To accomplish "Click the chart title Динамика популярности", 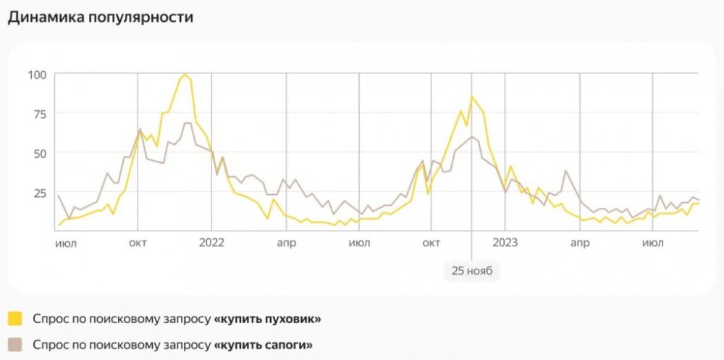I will pos(101,17).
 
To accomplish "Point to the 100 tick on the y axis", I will pos(37,74).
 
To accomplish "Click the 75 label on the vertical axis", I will pos(37,114).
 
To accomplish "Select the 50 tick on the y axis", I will pos(37,153).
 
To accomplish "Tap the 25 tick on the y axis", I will pos(37,193).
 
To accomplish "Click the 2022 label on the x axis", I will pos(211,243).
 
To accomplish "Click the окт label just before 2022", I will pos(138,243).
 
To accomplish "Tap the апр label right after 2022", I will pos(285,243).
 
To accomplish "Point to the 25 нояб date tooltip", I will pos(471,271).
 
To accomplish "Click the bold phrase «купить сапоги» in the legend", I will pos(264,345).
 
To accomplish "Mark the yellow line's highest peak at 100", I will pos(185,74).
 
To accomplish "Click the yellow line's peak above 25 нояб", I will pos(472,96).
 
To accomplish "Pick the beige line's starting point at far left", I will pos(58,195).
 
